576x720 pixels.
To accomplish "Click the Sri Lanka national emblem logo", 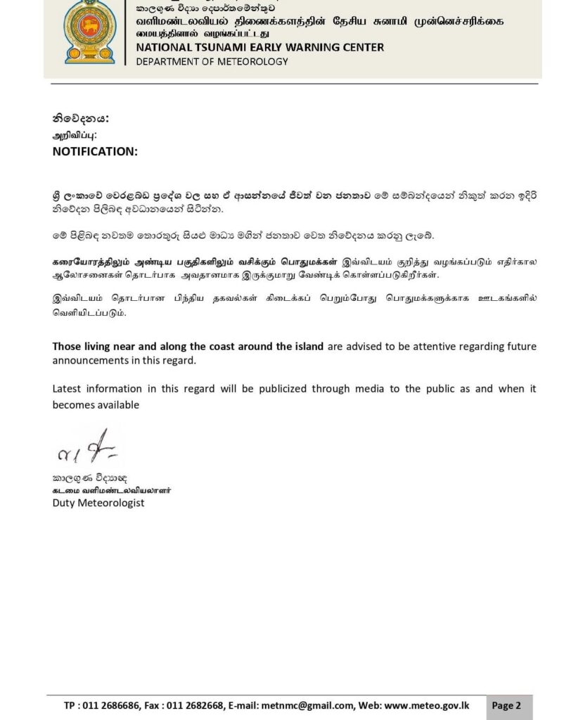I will tap(89, 32).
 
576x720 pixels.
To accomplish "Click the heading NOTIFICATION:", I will tap(95, 151).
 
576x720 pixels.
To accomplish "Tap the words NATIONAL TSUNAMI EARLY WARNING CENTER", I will tap(260, 47).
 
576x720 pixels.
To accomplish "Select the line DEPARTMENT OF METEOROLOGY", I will tap(212, 61).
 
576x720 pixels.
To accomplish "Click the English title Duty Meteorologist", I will tap(98, 503).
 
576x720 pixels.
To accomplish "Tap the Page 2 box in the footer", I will tap(506, 705).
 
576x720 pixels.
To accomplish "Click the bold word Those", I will tap(67, 346).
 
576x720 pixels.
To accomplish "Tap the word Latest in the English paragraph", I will tap(68, 388).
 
